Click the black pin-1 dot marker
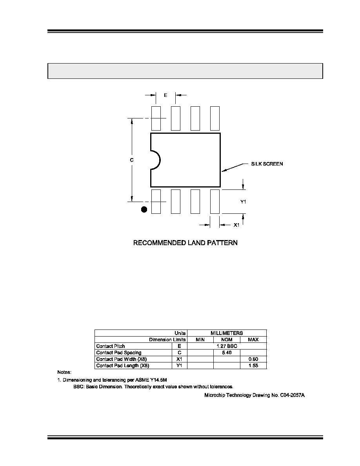(144, 209)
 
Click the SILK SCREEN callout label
(267, 164)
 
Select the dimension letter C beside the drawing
(132, 160)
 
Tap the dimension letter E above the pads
(166, 95)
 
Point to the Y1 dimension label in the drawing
(243, 202)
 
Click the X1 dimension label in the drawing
(236, 225)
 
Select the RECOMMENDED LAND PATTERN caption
(185, 243)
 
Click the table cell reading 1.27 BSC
(227, 346)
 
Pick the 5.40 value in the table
(227, 353)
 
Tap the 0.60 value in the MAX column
(253, 359)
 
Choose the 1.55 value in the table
(253, 366)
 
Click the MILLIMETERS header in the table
(227, 333)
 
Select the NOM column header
(227, 339)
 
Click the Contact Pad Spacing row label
(119, 353)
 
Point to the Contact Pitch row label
(111, 346)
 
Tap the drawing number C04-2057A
(292, 395)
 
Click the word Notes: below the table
(64, 372)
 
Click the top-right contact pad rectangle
(215, 118)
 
